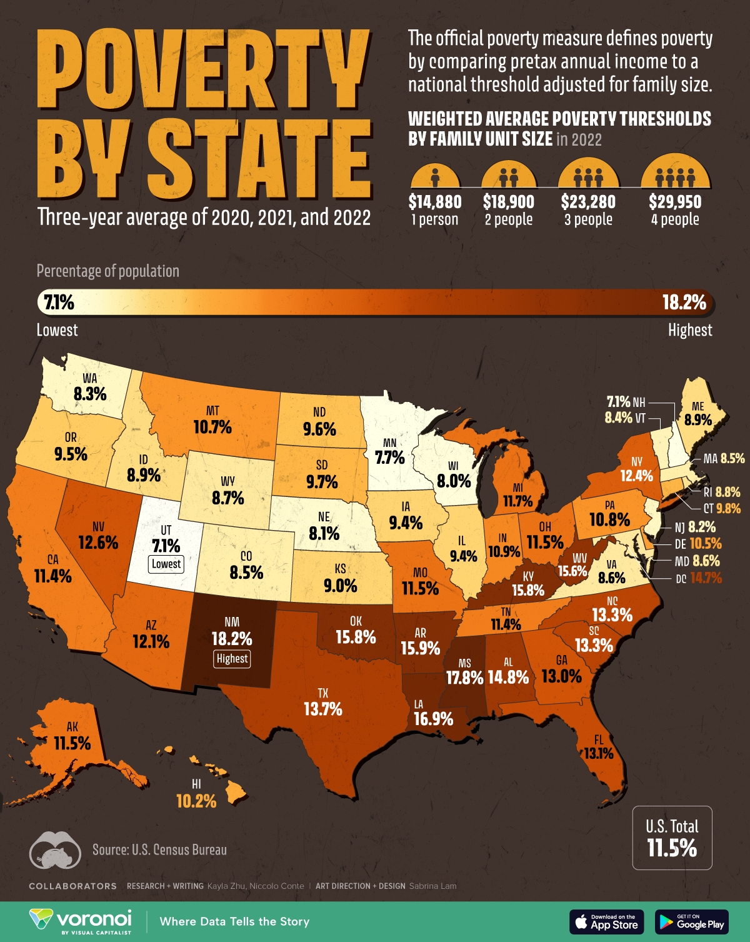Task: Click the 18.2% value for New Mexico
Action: coord(232,638)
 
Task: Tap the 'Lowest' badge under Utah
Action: coord(166,564)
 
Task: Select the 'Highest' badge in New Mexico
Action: coord(232,658)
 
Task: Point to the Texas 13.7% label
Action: coord(322,709)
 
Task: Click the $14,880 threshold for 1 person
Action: coord(435,202)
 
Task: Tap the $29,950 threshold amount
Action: coord(675,202)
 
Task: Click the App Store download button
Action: coord(606,921)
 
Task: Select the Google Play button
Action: coord(692,921)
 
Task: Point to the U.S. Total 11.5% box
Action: coord(672,838)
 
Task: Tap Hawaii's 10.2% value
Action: coord(196,801)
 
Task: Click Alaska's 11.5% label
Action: coord(72,743)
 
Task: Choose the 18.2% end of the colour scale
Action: coord(684,303)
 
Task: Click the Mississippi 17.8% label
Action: coord(464,678)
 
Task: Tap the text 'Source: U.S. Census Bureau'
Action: coord(159,849)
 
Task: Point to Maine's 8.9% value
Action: coord(697,420)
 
